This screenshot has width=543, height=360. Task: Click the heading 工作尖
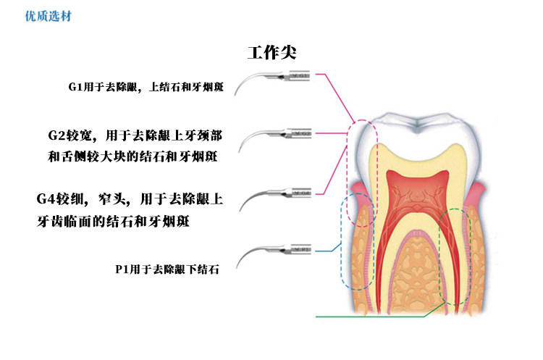point(271,53)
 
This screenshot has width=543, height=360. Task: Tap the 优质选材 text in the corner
point(29,14)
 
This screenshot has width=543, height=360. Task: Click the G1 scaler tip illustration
point(278,79)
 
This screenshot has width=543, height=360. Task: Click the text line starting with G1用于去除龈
point(146,87)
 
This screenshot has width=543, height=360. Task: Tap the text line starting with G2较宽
point(140,135)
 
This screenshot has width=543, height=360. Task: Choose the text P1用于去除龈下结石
point(167,269)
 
